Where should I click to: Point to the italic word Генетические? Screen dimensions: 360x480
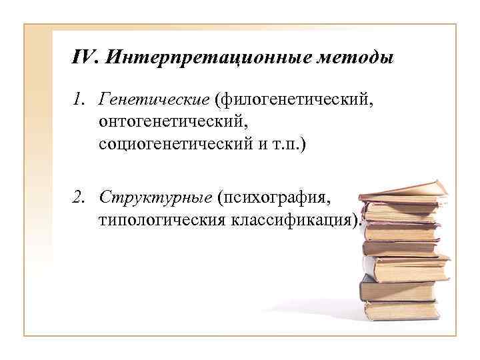click(x=153, y=100)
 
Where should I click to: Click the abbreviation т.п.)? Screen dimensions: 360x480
click(x=287, y=145)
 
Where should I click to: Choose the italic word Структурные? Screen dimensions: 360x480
click(x=155, y=197)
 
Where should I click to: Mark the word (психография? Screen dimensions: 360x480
click(x=273, y=197)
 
